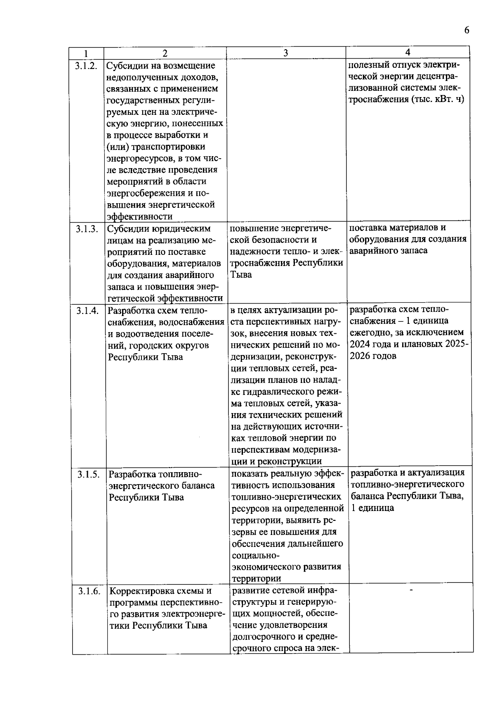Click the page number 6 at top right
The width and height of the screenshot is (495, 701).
click(467, 31)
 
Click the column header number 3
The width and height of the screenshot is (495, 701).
click(285, 53)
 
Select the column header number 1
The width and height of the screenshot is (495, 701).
click(85, 53)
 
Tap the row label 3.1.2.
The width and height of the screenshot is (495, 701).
click(87, 65)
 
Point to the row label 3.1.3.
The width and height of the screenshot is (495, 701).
click(87, 229)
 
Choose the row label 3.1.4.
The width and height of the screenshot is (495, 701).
click(87, 311)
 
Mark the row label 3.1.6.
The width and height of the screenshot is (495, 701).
click(89, 591)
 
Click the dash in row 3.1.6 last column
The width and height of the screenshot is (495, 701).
click(411, 590)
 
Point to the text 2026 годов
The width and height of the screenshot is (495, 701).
click(373, 356)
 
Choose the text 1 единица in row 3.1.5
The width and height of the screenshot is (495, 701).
click(372, 508)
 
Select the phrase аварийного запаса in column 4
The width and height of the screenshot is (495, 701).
click(388, 251)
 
